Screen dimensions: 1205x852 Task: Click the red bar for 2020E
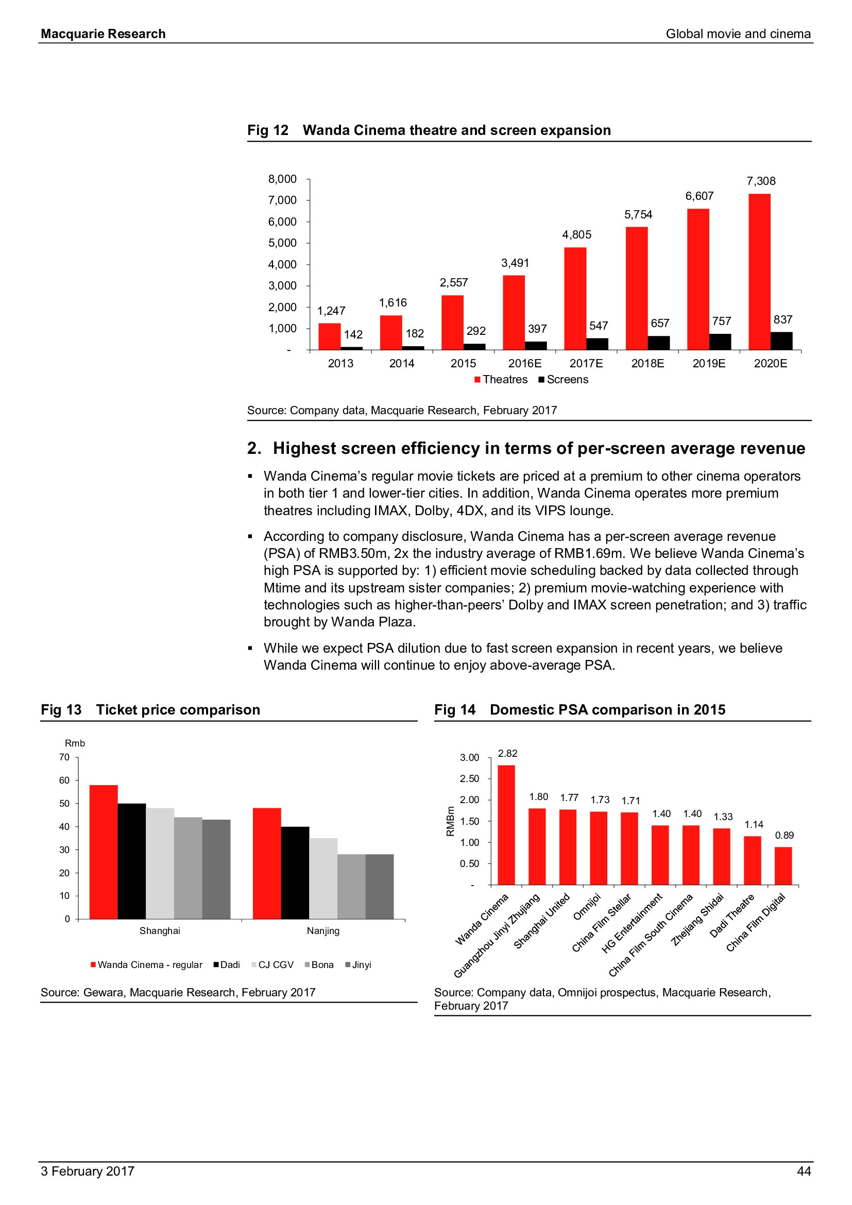click(x=759, y=271)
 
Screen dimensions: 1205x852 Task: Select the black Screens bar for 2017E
click(x=597, y=344)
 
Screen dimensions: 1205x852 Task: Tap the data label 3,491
click(x=515, y=263)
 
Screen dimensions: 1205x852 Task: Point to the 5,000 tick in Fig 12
click(x=282, y=243)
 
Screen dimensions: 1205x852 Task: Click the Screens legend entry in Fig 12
click(x=564, y=380)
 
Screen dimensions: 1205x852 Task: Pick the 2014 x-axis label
click(x=402, y=363)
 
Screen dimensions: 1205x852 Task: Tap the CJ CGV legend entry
click(x=273, y=964)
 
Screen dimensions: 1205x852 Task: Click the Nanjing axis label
click(x=323, y=930)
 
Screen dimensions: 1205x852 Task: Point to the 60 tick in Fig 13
click(x=64, y=780)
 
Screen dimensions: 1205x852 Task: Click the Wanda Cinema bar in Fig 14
click(x=506, y=824)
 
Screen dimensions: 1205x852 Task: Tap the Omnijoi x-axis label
click(x=587, y=907)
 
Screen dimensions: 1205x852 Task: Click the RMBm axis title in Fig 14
click(x=450, y=821)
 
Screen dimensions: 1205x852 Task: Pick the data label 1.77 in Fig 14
click(x=569, y=797)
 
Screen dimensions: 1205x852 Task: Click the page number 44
click(x=804, y=1172)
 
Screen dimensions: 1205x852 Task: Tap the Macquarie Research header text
click(x=104, y=34)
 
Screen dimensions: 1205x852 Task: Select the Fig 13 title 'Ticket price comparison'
click(x=178, y=709)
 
